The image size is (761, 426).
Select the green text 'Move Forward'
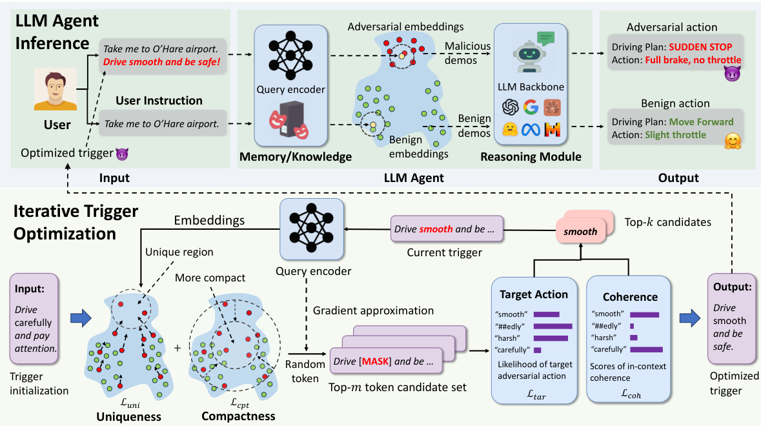700,121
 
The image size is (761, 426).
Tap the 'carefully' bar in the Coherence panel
646,349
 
